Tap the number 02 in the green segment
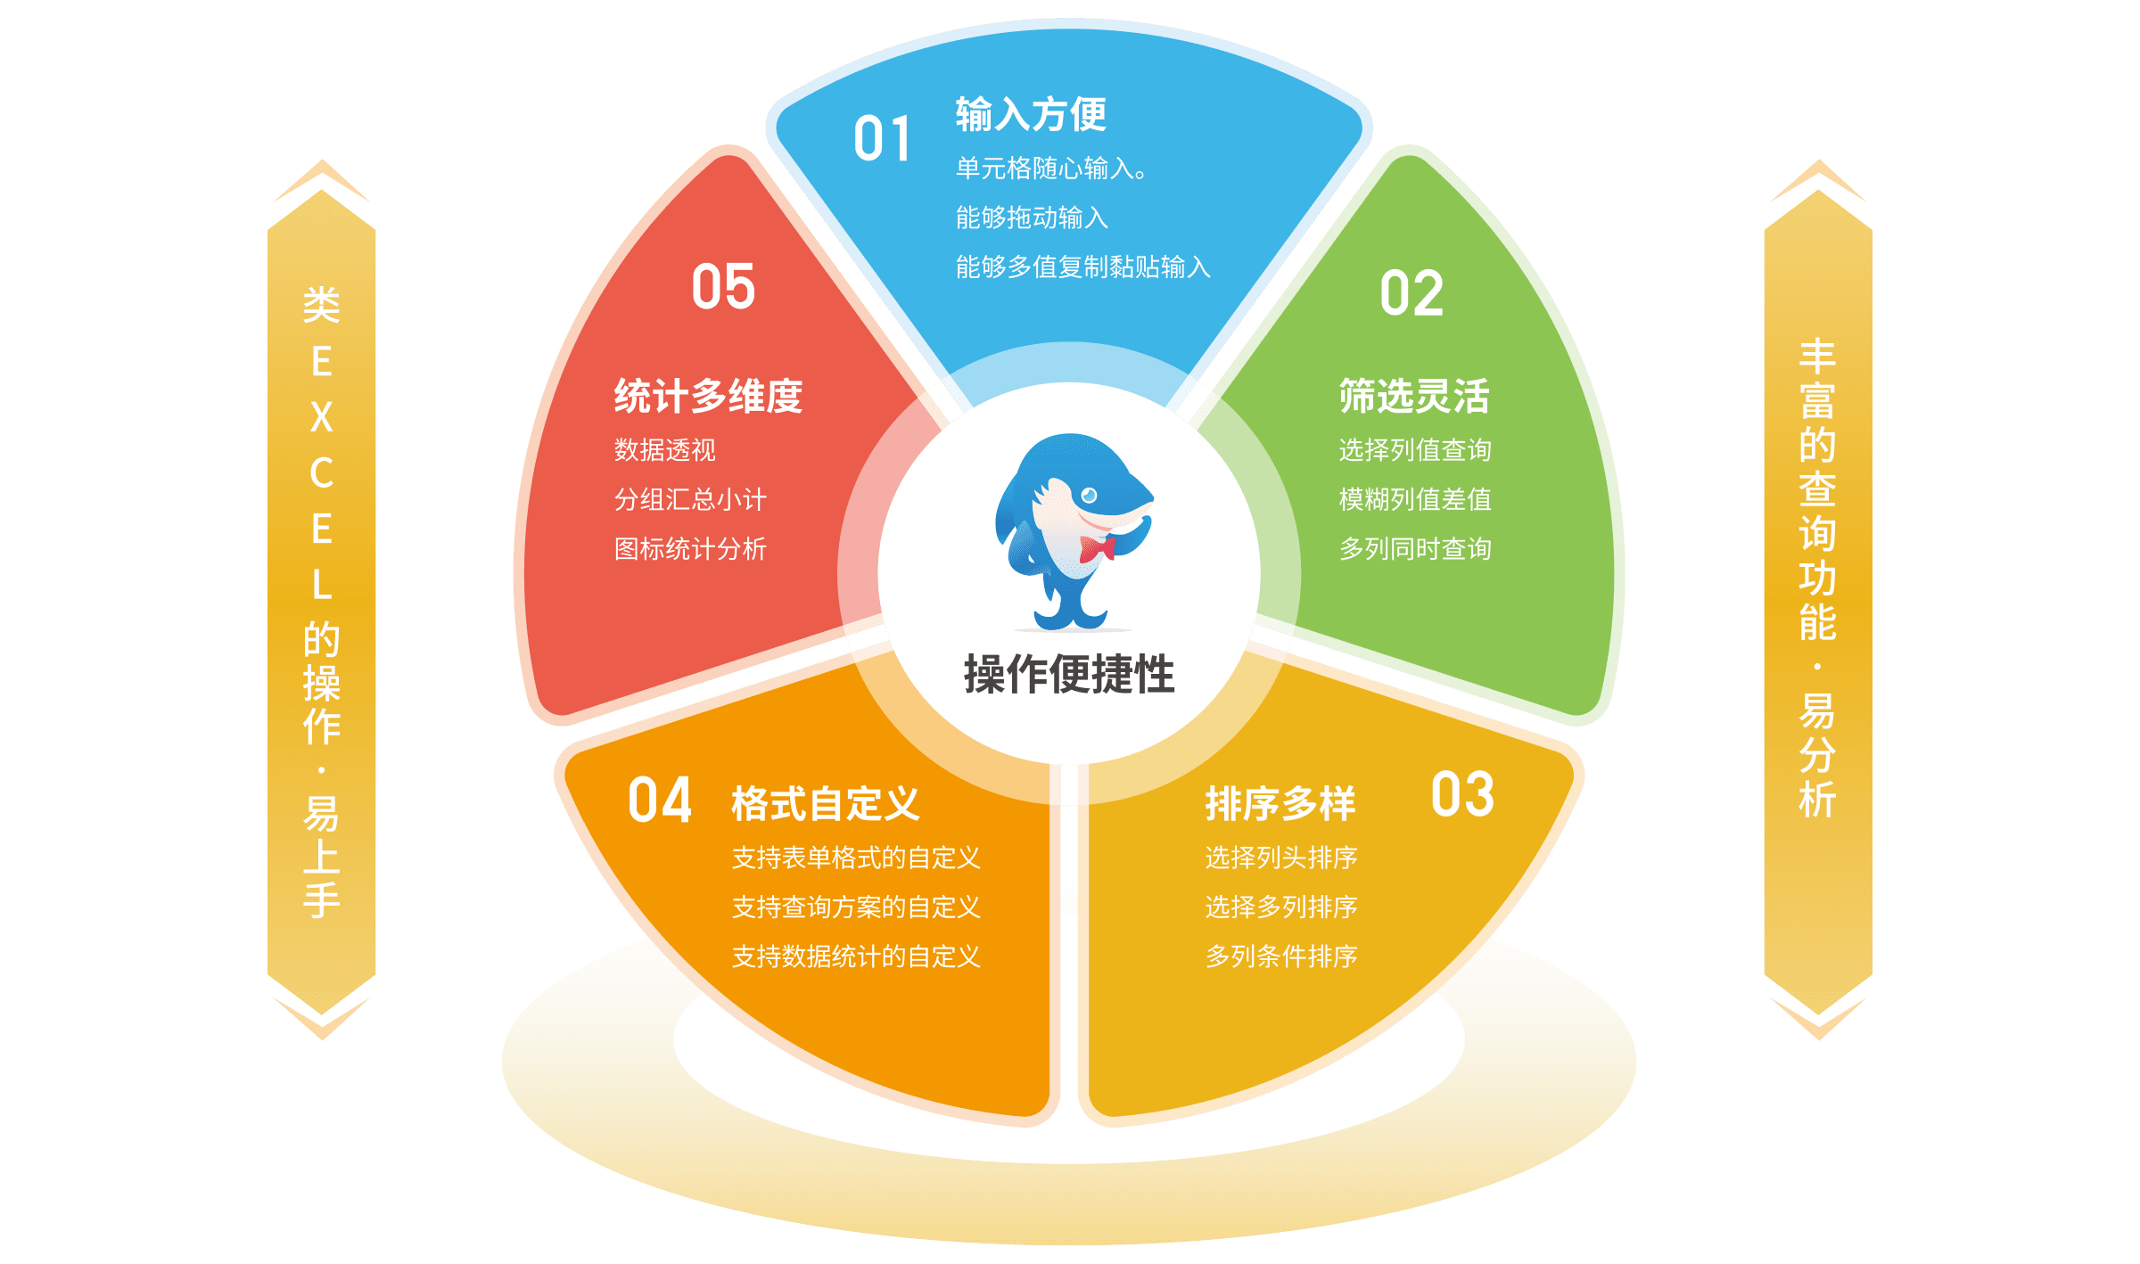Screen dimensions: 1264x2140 point(1412,294)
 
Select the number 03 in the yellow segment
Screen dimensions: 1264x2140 point(1462,795)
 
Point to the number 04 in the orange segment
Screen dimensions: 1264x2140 point(660,800)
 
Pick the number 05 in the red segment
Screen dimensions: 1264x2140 point(723,287)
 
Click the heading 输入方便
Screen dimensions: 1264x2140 point(1031,114)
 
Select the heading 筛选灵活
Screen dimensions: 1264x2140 point(1414,396)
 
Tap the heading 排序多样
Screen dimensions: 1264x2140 point(1280,803)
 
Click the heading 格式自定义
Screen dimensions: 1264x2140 point(825,803)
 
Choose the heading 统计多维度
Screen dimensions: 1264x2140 point(708,396)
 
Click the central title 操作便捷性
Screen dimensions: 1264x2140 point(1069,674)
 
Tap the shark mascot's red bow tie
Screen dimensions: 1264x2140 point(1098,548)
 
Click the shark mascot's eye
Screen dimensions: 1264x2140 point(1089,496)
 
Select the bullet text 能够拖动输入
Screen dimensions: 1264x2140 point(1032,218)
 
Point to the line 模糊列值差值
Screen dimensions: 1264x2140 point(1415,499)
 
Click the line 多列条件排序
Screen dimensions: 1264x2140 point(1281,956)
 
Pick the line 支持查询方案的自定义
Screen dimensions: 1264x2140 point(856,907)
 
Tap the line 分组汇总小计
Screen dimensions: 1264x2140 point(690,499)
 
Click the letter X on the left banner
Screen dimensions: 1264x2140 point(322,417)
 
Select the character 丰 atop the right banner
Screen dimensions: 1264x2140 point(1817,357)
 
